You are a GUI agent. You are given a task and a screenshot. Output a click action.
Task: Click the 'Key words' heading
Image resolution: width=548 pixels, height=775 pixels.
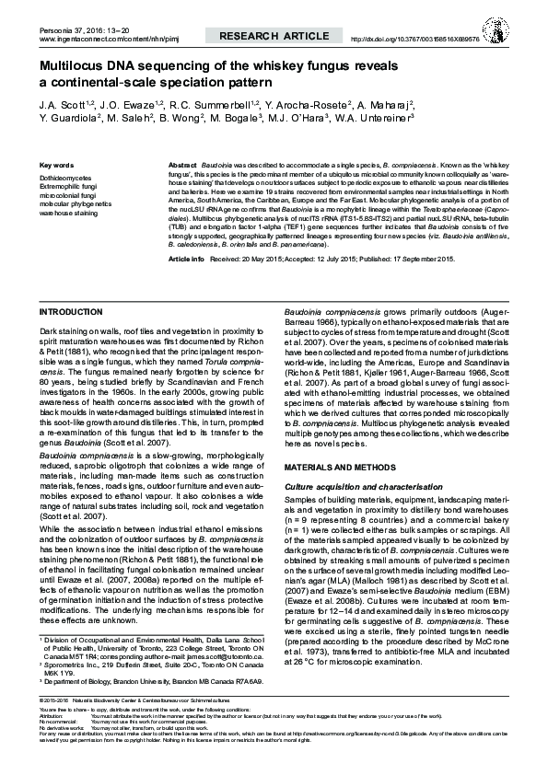click(x=57, y=165)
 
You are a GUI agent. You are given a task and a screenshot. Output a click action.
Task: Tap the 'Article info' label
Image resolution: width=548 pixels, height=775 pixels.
click(x=185, y=260)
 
